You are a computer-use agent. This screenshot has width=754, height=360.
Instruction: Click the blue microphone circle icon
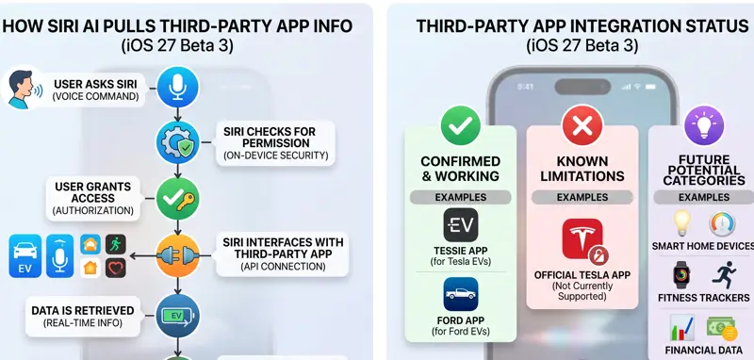(177, 87)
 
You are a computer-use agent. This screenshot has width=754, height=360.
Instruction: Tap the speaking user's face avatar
(22, 89)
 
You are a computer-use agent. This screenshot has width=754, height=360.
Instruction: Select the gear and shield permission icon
(177, 142)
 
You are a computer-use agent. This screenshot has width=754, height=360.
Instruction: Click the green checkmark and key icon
(177, 199)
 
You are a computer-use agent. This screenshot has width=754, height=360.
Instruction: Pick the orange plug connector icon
(177, 255)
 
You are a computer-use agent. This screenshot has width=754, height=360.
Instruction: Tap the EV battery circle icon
(177, 316)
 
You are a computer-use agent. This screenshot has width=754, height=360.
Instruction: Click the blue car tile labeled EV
(25, 256)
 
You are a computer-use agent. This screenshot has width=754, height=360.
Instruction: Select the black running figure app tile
(115, 244)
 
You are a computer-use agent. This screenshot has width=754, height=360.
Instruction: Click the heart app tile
(115, 268)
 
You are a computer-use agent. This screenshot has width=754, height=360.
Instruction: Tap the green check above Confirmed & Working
(461, 126)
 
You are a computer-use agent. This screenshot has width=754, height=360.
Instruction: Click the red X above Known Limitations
(582, 126)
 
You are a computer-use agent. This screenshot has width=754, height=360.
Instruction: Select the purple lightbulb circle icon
(704, 126)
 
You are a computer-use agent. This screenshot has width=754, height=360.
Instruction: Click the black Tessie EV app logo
(461, 225)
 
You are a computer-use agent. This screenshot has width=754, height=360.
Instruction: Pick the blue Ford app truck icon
(461, 294)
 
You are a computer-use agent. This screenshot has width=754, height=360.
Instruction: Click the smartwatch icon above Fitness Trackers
(681, 275)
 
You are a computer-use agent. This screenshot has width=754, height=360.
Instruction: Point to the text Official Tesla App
(582, 275)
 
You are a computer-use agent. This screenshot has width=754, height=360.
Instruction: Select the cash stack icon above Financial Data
(721, 328)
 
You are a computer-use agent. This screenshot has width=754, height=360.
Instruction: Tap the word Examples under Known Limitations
(582, 197)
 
